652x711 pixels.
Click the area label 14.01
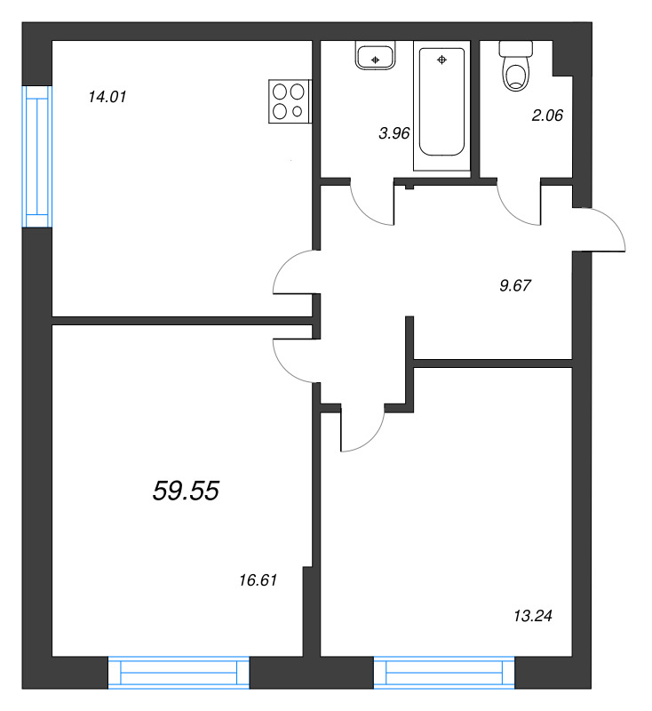107,97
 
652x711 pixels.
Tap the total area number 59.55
186,491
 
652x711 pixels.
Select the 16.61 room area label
258,580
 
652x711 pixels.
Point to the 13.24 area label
533,616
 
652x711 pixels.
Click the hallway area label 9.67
515,285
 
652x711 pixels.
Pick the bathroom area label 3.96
394,133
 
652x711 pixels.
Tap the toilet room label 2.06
547,116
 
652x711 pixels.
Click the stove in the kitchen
290,101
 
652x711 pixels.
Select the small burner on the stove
298,111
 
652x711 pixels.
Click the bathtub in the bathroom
441,105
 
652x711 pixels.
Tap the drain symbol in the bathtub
441,60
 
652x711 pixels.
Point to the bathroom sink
375,55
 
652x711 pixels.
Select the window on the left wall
36,156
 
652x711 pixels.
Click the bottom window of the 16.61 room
179,673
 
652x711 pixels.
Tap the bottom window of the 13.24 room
444,673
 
